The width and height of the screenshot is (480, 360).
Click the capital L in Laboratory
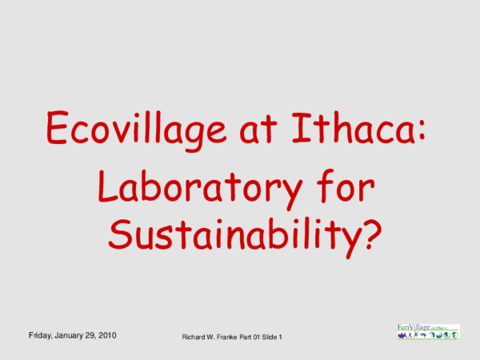(106, 187)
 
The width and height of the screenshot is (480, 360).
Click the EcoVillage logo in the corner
(428, 330)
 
